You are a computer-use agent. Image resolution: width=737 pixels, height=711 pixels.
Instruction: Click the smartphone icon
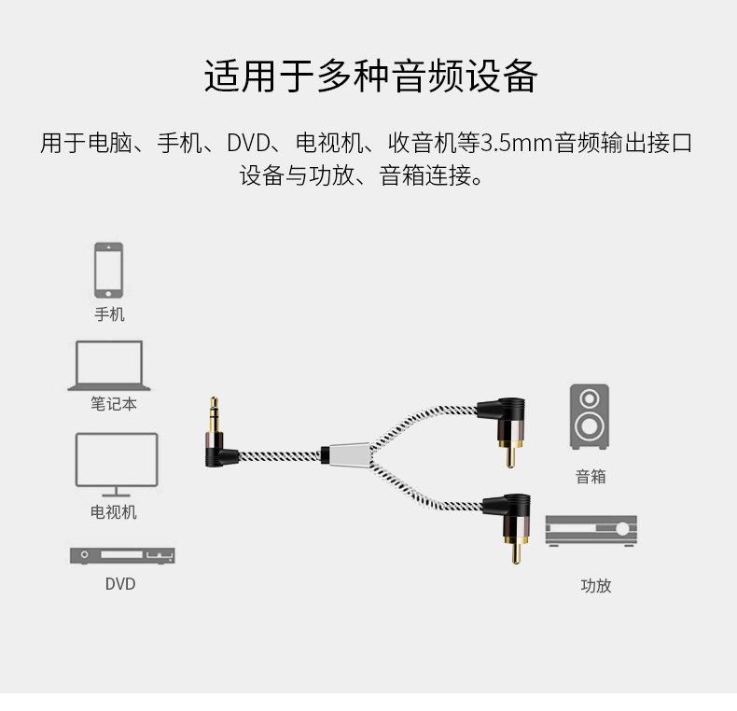108,271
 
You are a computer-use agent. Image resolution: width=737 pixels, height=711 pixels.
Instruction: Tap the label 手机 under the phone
109,314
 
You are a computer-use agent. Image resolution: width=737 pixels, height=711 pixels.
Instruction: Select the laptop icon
109,365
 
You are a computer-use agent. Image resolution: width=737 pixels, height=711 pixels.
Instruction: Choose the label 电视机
114,511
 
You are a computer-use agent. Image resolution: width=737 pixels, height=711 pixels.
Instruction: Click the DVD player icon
122,555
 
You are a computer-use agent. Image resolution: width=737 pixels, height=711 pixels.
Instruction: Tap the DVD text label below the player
119,584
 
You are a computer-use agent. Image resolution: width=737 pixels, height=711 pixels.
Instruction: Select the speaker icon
590,416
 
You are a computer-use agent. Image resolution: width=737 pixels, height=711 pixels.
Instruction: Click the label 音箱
591,476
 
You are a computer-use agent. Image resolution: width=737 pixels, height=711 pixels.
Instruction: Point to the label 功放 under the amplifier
595,586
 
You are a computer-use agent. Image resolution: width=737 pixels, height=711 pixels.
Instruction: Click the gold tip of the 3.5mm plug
215,409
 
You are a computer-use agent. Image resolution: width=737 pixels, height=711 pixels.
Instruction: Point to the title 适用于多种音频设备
370,77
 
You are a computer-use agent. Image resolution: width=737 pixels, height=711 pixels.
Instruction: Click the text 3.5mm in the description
517,144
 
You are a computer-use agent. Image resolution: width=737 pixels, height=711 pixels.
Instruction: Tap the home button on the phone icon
108,291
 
